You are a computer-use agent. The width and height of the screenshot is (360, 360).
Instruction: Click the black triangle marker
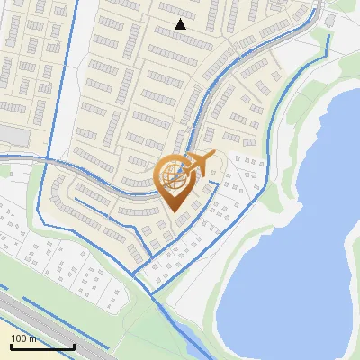[x=181, y=24]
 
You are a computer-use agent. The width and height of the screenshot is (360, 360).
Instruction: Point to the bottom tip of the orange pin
[x=173, y=212]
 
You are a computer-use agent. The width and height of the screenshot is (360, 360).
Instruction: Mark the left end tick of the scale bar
[x=11, y=346]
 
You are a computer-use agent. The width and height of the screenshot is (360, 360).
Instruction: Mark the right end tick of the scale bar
[x=74, y=346]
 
